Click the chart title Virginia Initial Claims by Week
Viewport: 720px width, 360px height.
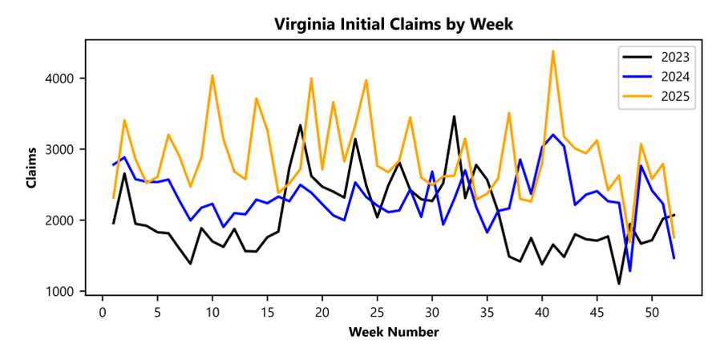393,24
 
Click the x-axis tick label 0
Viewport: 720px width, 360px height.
103,311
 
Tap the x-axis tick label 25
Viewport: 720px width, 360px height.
377,311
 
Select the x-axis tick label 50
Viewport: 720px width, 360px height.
652,311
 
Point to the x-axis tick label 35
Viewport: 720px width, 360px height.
487,311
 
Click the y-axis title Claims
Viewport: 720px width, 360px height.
31,168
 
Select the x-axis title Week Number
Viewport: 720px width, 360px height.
393,332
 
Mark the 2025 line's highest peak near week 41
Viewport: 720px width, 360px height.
553,51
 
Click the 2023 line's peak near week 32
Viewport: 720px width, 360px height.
454,116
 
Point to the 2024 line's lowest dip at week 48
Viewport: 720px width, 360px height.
630,271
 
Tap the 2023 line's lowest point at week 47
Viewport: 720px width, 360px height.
619,283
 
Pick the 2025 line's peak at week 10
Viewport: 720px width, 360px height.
212,75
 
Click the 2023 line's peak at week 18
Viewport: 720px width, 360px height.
300,125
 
